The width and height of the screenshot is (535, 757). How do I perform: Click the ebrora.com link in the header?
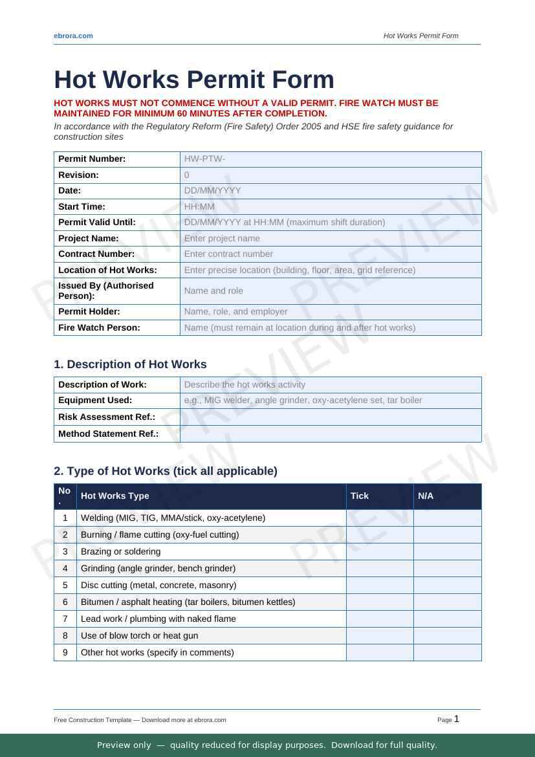[x=73, y=36]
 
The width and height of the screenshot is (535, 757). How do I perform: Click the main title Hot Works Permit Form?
[x=194, y=80]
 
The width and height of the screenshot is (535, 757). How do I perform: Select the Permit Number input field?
[x=331, y=159]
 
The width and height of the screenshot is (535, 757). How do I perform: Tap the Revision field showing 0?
[x=331, y=175]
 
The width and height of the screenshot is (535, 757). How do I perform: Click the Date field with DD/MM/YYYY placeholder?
[x=331, y=191]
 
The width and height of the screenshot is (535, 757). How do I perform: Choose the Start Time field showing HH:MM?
[x=331, y=206]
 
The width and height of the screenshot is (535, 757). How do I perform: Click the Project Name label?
[x=89, y=238]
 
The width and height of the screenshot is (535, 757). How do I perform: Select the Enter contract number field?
[x=331, y=254]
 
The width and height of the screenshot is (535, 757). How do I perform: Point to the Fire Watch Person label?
[x=99, y=327]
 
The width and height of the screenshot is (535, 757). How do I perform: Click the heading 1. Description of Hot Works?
[x=130, y=364]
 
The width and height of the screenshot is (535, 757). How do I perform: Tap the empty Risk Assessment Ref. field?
[x=331, y=417]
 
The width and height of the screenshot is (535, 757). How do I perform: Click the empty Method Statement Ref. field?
[x=331, y=433]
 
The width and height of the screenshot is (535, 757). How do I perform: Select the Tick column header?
[x=360, y=496]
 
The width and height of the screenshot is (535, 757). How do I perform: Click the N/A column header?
[x=426, y=496]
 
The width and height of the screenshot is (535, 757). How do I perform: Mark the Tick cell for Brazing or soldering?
[x=380, y=552]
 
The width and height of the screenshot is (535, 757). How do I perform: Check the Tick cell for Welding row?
[x=380, y=518]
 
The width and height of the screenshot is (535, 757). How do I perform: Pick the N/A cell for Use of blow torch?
[x=447, y=636]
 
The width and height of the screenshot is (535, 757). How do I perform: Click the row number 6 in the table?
[x=65, y=602]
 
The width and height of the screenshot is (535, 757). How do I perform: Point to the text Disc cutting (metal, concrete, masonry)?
[x=158, y=586]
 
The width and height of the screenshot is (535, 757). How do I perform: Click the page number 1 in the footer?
[x=456, y=719]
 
